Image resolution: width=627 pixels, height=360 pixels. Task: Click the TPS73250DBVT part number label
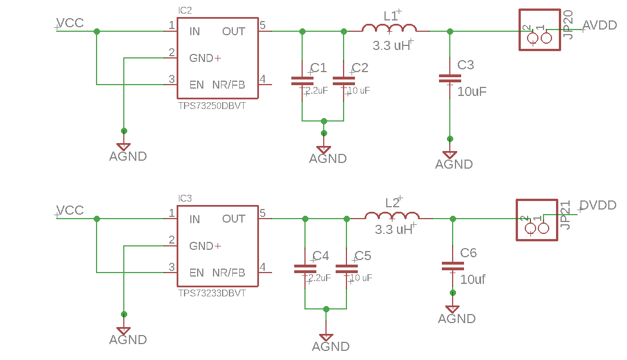pos(212,106)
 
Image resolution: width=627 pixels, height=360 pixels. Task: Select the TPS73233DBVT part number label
pos(212,293)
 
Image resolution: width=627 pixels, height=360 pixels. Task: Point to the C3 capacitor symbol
pos(450,79)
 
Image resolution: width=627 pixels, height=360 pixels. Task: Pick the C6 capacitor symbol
pos(453,265)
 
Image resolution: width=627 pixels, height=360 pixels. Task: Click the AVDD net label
pos(600,25)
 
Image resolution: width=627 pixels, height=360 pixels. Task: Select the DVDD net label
pos(598,205)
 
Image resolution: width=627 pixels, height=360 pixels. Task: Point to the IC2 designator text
pos(185,11)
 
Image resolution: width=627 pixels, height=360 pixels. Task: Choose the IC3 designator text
pos(185,198)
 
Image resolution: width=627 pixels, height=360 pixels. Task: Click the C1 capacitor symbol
pos(302,81)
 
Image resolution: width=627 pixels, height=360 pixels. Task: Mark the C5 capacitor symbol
pos(346,269)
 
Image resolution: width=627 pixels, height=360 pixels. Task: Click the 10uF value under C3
pos(471,91)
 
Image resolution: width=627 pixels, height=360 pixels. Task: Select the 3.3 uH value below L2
pos(394,230)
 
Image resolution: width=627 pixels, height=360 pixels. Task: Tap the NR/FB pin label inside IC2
pos(228,85)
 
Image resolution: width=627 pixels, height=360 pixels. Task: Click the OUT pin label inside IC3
pos(233,219)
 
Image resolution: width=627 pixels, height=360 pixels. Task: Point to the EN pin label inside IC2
pos(197,85)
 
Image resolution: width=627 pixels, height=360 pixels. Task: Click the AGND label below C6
pos(457,319)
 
